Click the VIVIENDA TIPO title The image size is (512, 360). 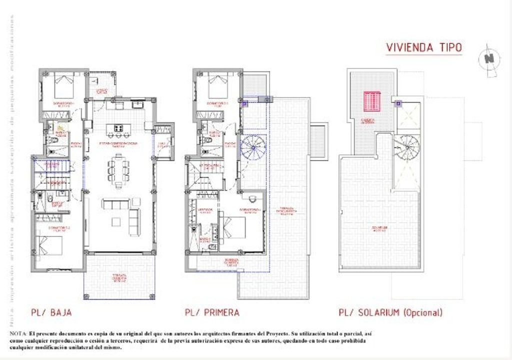coord(424,47)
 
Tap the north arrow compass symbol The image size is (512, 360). coord(489,59)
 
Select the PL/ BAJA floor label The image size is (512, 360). coord(51,313)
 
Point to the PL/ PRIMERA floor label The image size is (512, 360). coord(212,313)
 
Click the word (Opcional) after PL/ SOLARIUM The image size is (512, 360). coord(422,313)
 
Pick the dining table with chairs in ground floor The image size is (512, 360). coord(118,170)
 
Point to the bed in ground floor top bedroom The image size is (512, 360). coord(63,86)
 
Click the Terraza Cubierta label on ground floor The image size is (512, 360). coord(118,278)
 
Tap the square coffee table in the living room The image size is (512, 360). coord(116,220)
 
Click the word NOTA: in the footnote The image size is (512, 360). coord(18,333)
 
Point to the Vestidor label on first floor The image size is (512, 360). coord(205,210)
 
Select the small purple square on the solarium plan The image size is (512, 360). coord(398,104)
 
